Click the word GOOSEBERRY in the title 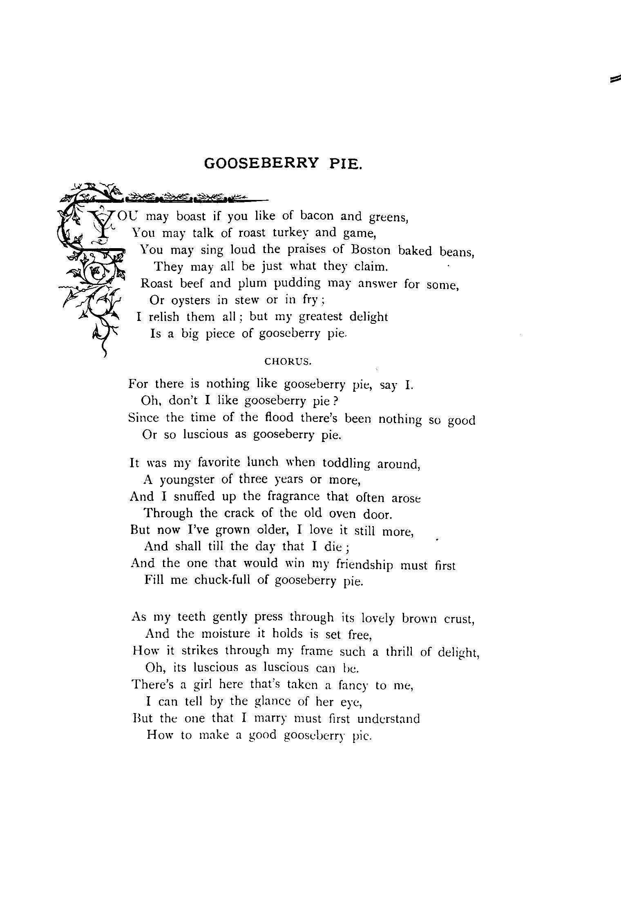261,164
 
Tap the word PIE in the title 345,164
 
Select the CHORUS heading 288,361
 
